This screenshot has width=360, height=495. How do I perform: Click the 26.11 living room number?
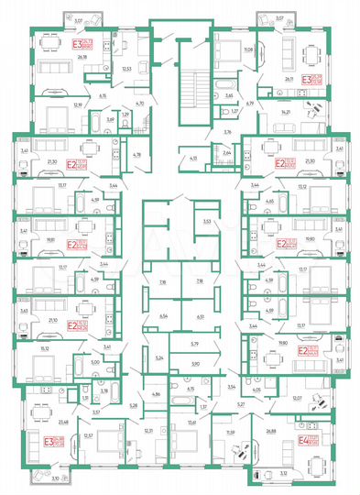tap(289, 80)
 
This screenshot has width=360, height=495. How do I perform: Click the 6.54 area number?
tap(164, 315)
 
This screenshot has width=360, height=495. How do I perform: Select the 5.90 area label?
tap(194, 365)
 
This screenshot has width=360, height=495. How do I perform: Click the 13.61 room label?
tap(191, 422)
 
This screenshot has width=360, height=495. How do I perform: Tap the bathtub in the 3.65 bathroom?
tap(224, 82)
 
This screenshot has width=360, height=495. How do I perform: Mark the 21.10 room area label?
tap(49, 320)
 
